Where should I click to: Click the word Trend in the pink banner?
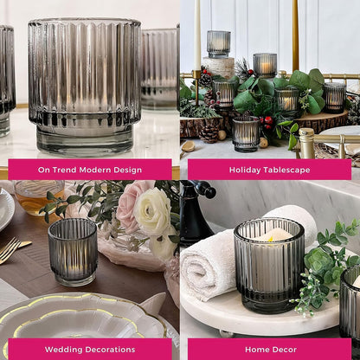point(64,170)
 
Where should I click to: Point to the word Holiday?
point(241,170)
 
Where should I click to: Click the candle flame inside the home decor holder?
point(271,238)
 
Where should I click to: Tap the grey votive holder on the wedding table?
point(73,252)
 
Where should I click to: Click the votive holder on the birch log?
point(219,44)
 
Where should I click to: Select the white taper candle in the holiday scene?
point(197,35)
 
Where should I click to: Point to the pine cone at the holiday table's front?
point(209,133)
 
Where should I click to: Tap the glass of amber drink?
point(39,198)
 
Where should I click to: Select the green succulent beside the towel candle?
point(318,260)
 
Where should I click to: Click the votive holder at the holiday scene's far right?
point(335,98)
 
